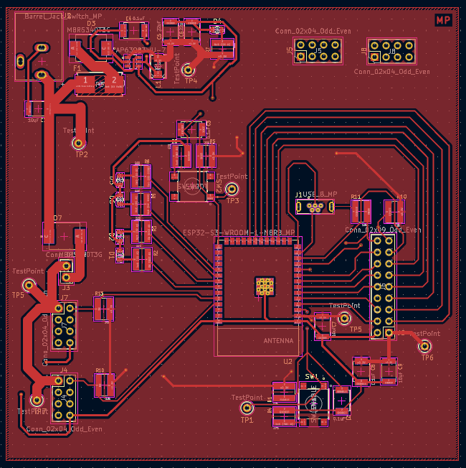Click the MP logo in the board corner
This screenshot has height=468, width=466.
point(443,20)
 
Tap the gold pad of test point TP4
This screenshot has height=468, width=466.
point(189,70)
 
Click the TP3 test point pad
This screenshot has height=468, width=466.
point(232,189)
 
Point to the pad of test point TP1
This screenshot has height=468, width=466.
point(245,408)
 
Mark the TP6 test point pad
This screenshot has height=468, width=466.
point(424,347)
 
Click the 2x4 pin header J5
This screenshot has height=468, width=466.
point(317,50)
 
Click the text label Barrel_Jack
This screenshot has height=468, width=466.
point(43,16)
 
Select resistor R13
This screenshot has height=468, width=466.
point(104,309)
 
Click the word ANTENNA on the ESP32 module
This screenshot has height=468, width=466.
point(278,340)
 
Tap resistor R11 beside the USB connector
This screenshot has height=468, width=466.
point(359,211)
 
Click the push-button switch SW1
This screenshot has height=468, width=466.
point(312,401)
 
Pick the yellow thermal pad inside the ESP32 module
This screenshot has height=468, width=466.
point(265,286)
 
